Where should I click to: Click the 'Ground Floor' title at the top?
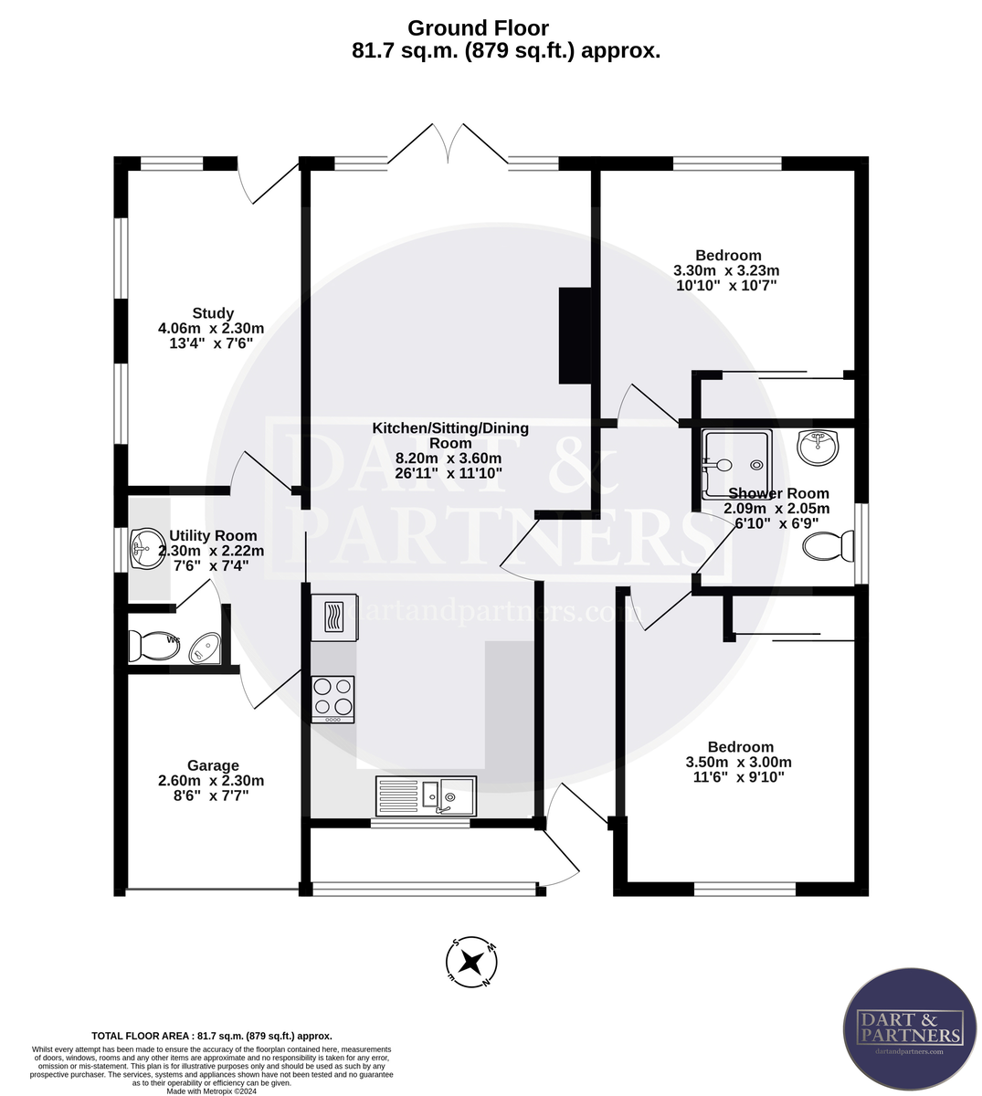(478, 28)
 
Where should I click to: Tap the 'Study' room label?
(213, 313)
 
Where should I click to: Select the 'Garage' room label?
(213, 765)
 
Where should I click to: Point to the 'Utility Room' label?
(213, 535)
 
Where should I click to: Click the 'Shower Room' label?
(777, 493)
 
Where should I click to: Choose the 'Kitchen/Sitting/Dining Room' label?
(449, 435)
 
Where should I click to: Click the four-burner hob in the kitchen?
(333, 699)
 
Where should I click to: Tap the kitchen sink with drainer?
(426, 796)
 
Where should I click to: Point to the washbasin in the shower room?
(818, 448)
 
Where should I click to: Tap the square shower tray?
(736, 464)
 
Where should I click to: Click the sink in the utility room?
(143, 549)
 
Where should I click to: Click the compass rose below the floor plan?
(471, 962)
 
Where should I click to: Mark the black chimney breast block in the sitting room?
(575, 335)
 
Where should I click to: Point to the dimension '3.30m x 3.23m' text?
(726, 270)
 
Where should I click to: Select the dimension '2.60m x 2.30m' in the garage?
(211, 781)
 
